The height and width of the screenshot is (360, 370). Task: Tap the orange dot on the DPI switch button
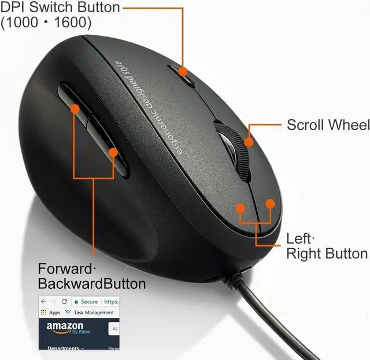183,72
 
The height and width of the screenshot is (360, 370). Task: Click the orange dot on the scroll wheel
248,141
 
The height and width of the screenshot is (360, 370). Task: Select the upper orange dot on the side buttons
75,108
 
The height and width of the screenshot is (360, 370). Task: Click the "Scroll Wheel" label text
327,125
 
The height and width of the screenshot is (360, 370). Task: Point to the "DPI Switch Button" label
60,8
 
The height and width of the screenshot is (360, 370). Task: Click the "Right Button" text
327,254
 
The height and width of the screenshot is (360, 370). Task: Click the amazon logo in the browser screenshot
65,327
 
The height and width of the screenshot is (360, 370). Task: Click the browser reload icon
64,302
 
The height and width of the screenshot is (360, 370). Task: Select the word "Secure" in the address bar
90,302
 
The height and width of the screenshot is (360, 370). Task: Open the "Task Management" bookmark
92,313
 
